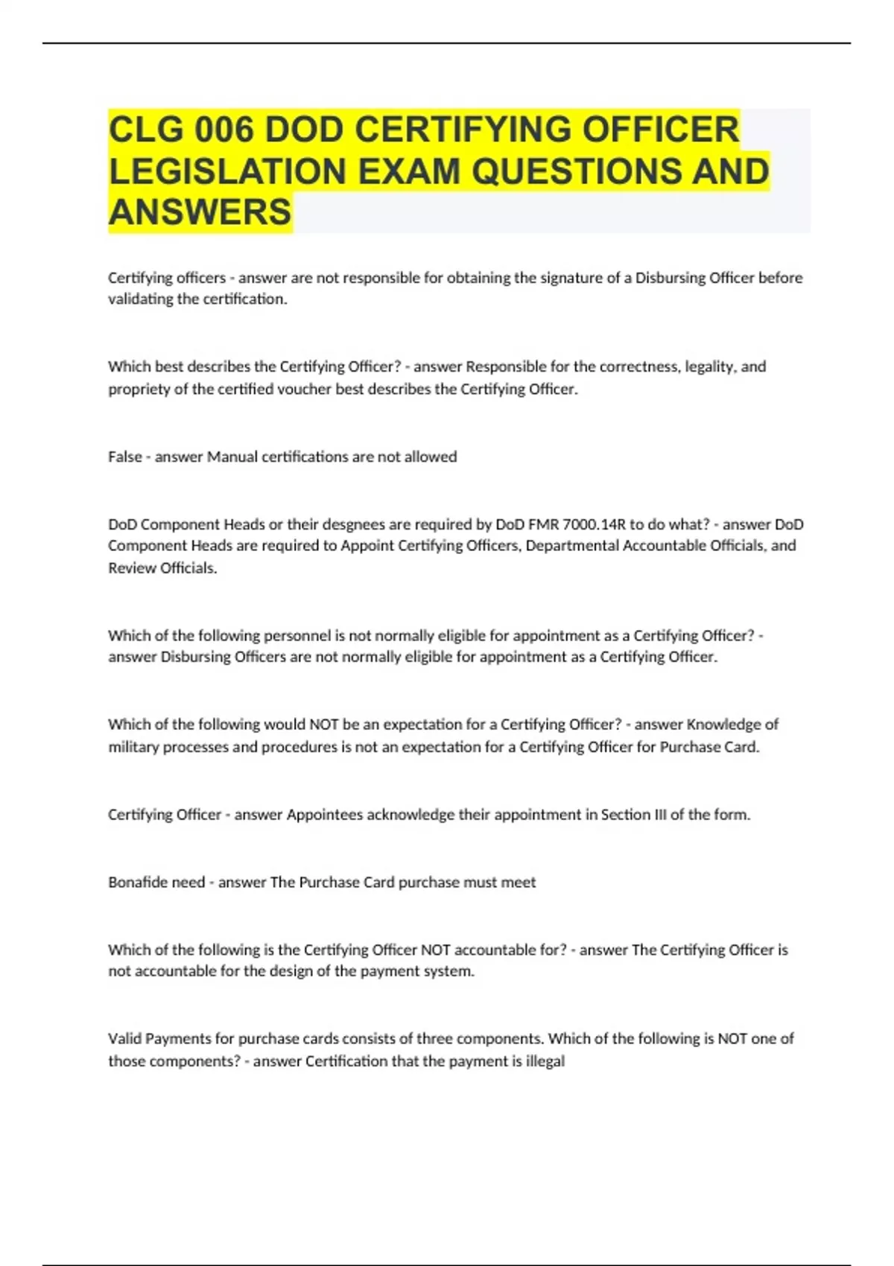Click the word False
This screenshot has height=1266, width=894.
124,457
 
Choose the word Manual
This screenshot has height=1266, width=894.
232,457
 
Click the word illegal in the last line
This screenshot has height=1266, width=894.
545,1061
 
